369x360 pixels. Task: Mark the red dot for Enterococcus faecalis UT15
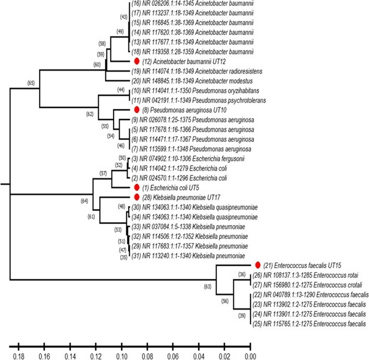tap(257, 266)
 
